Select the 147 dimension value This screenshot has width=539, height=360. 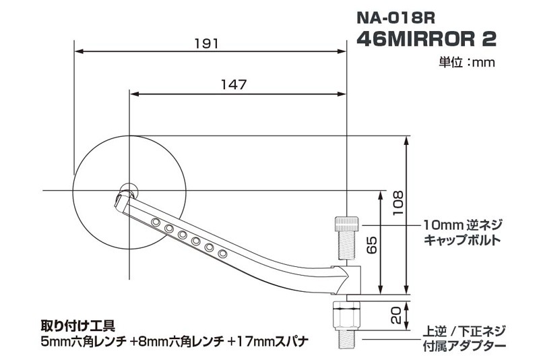tap(234, 85)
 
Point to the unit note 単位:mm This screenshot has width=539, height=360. tap(468, 63)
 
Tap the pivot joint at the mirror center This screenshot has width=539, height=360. tap(127, 189)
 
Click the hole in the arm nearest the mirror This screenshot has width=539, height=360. tap(156, 222)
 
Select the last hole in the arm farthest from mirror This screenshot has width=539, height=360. tap(222, 254)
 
